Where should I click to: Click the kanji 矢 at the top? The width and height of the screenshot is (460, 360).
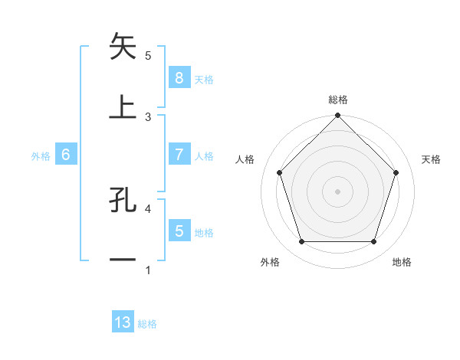pyautogui.click(x=123, y=47)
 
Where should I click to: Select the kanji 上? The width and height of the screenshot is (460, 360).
pyautogui.click(x=123, y=108)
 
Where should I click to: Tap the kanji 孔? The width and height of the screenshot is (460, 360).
pyautogui.click(x=123, y=200)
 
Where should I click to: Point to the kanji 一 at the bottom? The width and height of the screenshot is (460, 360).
pyautogui.click(x=123, y=260)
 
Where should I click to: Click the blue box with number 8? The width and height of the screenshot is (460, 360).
pyautogui.click(x=179, y=77)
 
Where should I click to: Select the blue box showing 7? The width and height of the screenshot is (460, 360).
pyautogui.click(x=179, y=154)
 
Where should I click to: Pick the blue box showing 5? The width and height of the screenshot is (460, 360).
pyautogui.click(x=179, y=231)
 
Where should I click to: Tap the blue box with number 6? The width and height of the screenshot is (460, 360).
pyautogui.click(x=66, y=154)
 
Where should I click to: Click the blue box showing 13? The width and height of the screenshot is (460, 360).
pyautogui.click(x=123, y=322)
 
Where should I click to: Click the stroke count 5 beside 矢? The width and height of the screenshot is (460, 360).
pyautogui.click(x=148, y=56)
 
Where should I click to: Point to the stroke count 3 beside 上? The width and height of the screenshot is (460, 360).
pyautogui.click(x=148, y=116)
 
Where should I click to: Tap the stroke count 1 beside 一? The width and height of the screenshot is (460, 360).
pyautogui.click(x=148, y=270)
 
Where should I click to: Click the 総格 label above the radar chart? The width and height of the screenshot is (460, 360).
pyautogui.click(x=337, y=100)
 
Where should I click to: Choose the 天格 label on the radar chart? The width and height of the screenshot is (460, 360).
pyautogui.click(x=431, y=159)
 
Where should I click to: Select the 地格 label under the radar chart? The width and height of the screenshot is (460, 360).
pyautogui.click(x=402, y=262)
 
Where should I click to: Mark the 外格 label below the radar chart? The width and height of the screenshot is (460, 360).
pyautogui.click(x=270, y=262)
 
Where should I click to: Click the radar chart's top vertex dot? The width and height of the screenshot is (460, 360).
pyautogui.click(x=337, y=117)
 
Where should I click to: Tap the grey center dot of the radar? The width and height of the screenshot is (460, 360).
pyautogui.click(x=337, y=191)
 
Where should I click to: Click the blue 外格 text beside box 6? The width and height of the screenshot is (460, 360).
pyautogui.click(x=41, y=155)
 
